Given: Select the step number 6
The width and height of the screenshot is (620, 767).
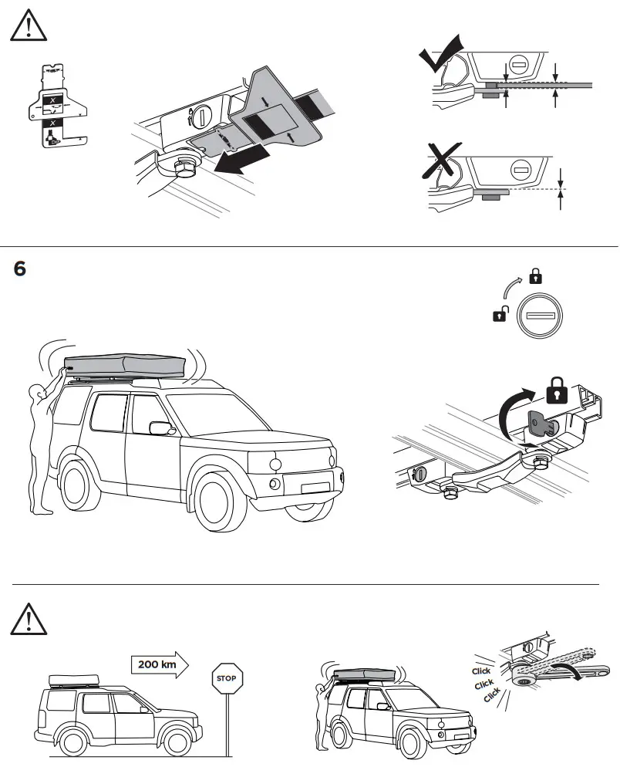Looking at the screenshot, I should click(20, 269).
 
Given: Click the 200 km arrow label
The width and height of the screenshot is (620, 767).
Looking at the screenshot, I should click(157, 664).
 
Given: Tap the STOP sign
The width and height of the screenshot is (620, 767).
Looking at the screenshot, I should click(226, 679).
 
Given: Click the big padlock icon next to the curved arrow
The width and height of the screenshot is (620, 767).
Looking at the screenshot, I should click(557, 392).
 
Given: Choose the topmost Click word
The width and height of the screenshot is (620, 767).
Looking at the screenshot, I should click(481, 671).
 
